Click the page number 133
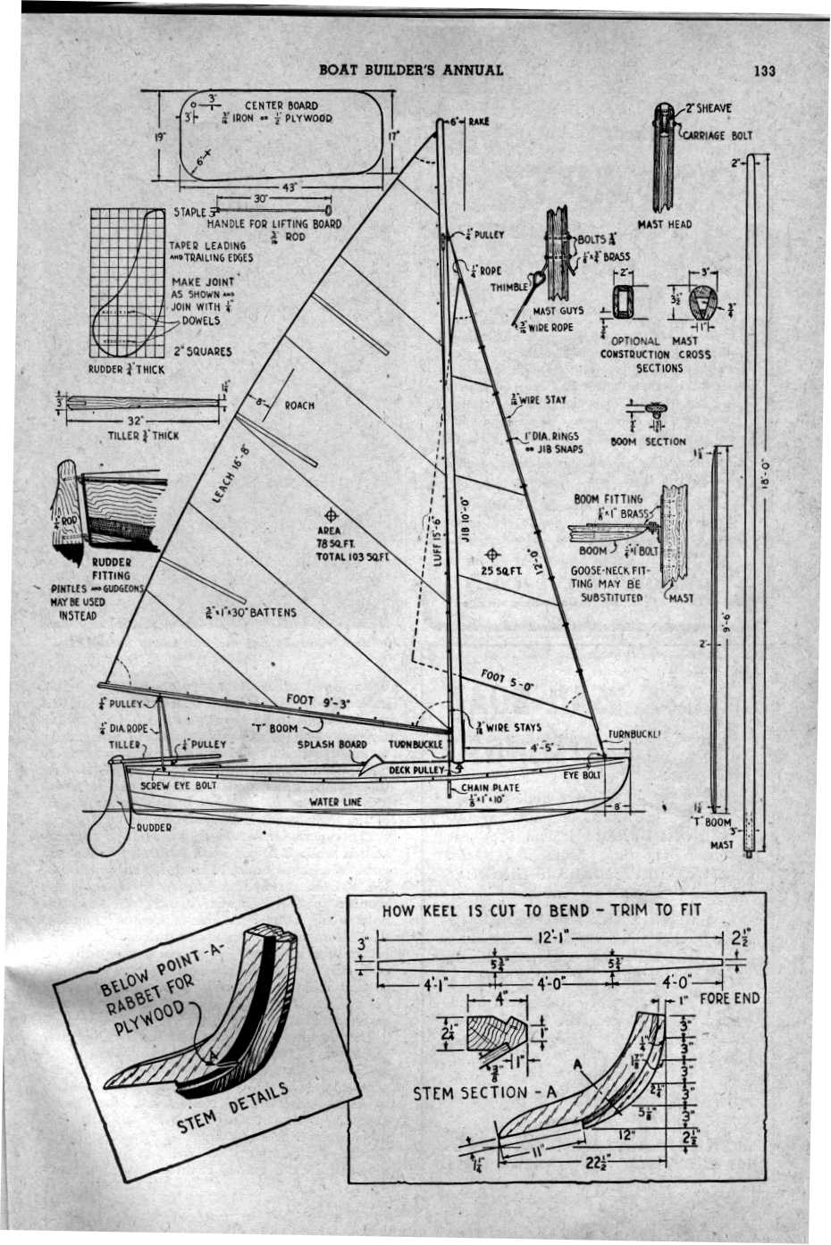click(763, 70)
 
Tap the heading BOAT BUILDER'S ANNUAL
click(410, 70)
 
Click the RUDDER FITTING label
click(111, 569)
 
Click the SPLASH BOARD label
click(332, 744)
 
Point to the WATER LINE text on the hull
click(335, 802)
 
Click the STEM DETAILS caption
click(231, 1108)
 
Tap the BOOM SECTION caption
click(648, 441)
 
